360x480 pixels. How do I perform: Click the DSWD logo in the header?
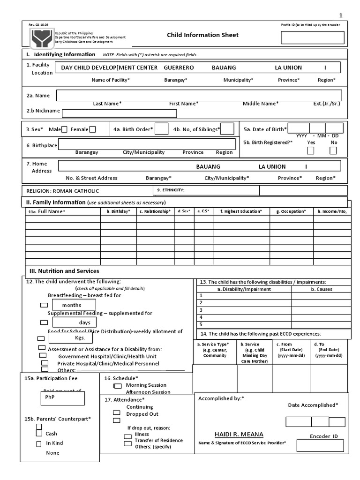[41, 37]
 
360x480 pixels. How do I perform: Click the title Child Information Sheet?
[202, 35]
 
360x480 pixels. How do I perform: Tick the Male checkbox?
[64, 129]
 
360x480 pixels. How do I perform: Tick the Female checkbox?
[92, 129]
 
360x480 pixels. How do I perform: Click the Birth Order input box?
[161, 129]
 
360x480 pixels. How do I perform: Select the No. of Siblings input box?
[227, 129]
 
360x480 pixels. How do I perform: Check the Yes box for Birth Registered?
[310, 150]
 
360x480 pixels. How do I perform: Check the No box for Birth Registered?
[333, 150]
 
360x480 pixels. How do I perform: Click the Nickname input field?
[120, 113]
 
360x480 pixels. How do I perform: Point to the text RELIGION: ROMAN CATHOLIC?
[62, 191]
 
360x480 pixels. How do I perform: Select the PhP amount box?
[62, 398]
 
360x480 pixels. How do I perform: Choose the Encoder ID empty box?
[320, 446]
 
